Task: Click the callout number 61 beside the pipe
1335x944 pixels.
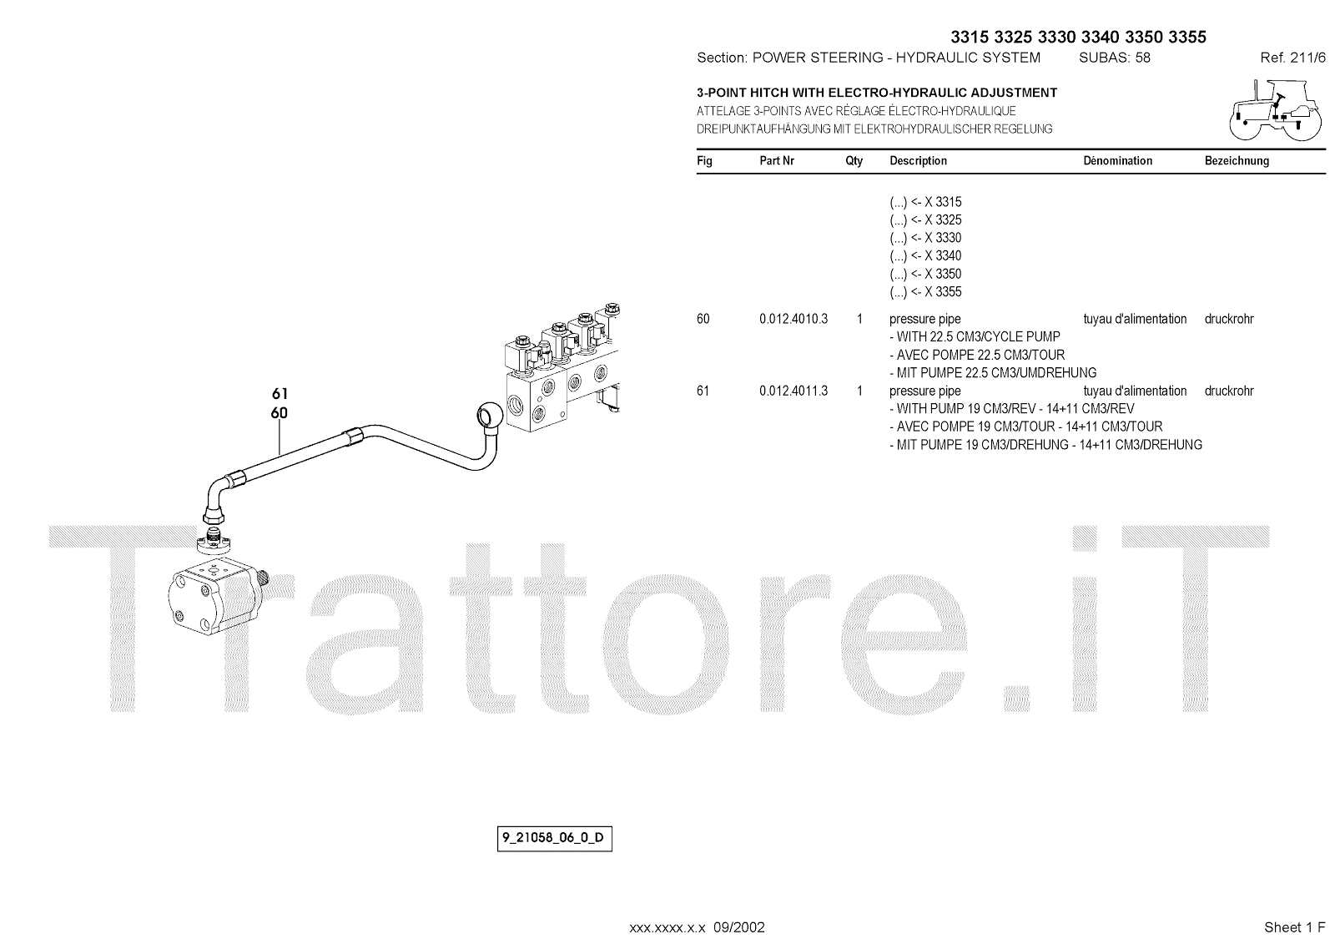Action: pyautogui.click(x=280, y=393)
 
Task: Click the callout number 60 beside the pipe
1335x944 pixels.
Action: pyautogui.click(x=280, y=412)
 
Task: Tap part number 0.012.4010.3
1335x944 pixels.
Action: pyautogui.click(x=793, y=319)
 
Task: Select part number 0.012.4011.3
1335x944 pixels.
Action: pyautogui.click(x=793, y=391)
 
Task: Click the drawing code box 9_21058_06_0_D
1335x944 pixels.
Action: pyautogui.click(x=555, y=838)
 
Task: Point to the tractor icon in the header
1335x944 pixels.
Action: pyautogui.click(x=1276, y=110)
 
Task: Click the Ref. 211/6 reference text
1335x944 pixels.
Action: pyautogui.click(x=1292, y=58)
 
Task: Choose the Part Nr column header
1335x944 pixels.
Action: pyautogui.click(x=777, y=161)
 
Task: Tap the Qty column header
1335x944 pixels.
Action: pyautogui.click(x=854, y=161)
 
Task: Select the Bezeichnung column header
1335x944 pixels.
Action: pyautogui.click(x=1237, y=161)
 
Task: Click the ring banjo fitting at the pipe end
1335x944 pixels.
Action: pyautogui.click(x=488, y=415)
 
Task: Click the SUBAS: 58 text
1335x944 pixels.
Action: pyautogui.click(x=1115, y=58)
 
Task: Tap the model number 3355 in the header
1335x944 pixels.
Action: pyautogui.click(x=1187, y=37)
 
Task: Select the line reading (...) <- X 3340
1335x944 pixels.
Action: pyautogui.click(x=925, y=256)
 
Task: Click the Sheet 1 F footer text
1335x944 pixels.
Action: pyautogui.click(x=1294, y=927)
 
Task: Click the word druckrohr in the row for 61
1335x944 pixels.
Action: pyautogui.click(x=1229, y=391)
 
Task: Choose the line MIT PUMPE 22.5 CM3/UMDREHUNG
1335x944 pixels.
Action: pyautogui.click(x=993, y=373)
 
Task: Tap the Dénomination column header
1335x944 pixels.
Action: pyautogui.click(x=1117, y=161)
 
